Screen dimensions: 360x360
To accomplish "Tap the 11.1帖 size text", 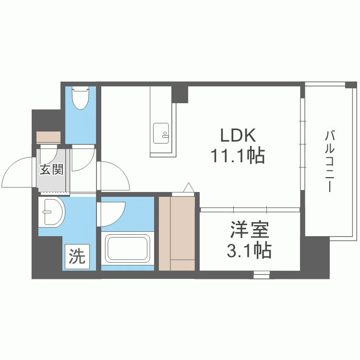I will click(x=237, y=156).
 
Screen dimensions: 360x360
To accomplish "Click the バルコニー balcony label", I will click(x=329, y=161).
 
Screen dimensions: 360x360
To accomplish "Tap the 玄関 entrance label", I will click(x=51, y=169).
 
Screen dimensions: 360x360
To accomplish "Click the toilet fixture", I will click(x=80, y=98).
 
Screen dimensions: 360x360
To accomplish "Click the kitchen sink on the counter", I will click(x=161, y=133).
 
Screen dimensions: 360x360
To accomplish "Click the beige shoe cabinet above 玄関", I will click(x=48, y=136).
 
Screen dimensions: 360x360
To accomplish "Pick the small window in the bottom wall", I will click(x=262, y=275).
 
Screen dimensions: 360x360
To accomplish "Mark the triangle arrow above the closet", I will click(x=187, y=187).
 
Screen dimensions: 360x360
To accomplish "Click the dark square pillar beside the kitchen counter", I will click(x=180, y=94).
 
